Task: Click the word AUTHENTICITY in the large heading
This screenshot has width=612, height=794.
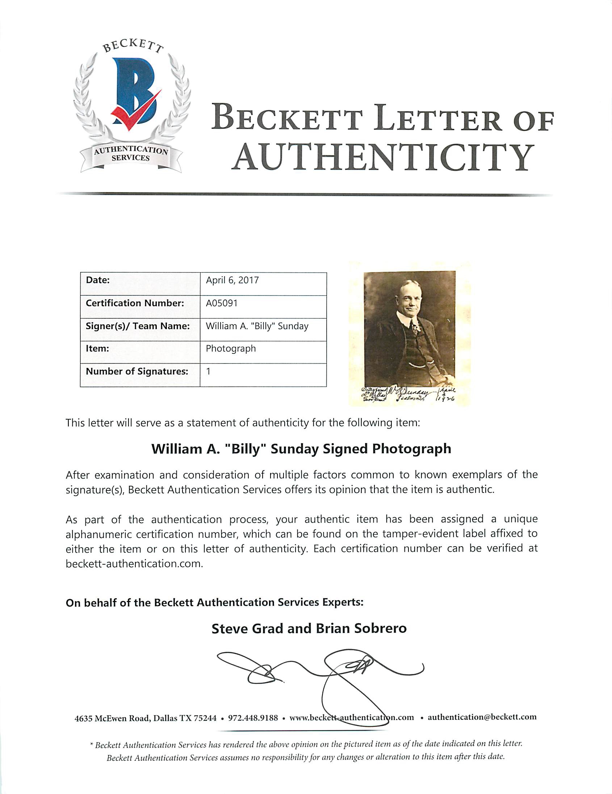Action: click(x=382, y=157)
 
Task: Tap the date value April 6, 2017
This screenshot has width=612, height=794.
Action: click(x=232, y=280)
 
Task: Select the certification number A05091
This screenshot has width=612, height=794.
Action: click(x=222, y=303)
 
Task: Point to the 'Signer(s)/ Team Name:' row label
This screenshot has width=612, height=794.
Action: click(x=138, y=326)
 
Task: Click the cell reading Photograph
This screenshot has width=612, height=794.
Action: click(x=231, y=349)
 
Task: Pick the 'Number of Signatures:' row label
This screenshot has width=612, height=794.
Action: click(x=137, y=371)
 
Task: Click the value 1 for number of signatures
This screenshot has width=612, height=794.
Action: click(x=209, y=371)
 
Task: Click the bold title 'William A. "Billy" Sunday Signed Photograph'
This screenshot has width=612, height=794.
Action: click(x=301, y=449)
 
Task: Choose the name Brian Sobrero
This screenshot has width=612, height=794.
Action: click(x=361, y=629)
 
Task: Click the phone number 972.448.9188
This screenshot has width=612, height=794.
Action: click(x=253, y=718)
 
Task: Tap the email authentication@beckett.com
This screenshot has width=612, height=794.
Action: click(x=482, y=717)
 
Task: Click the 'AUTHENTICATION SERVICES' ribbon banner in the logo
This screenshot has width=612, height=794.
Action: click(x=131, y=154)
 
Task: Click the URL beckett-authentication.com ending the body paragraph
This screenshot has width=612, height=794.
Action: click(x=134, y=564)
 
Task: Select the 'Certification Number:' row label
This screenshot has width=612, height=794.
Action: click(x=135, y=303)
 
